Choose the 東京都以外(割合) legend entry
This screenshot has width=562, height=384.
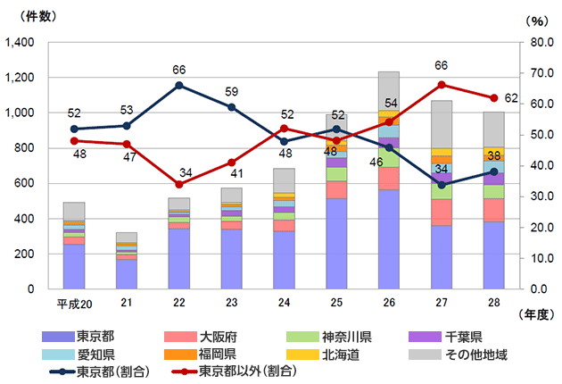[244, 370]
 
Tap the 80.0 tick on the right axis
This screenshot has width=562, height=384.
[538, 42]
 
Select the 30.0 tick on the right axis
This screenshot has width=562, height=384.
[538, 196]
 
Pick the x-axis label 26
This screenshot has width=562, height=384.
[389, 305]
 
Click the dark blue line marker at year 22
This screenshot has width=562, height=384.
[179, 85]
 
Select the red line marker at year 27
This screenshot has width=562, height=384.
[442, 85]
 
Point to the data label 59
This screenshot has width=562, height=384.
[231, 91]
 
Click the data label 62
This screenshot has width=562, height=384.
[511, 98]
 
